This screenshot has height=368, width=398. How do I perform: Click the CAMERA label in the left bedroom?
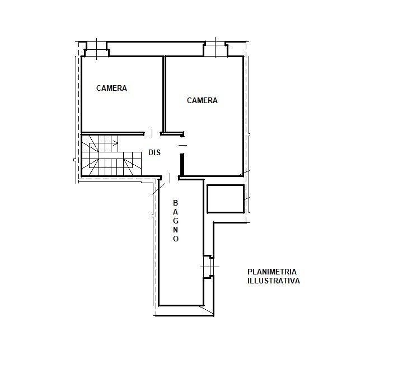[x=111, y=88]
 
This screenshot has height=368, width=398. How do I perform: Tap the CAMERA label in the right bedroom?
[x=202, y=101]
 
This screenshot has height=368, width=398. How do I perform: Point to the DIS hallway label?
[x=154, y=152]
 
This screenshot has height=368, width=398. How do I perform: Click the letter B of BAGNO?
[x=175, y=203]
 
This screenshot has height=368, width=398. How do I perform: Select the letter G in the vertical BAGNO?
[x=175, y=221]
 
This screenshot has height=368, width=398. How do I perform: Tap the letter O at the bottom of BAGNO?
[x=176, y=239]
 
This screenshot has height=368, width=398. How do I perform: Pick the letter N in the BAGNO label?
[x=175, y=230]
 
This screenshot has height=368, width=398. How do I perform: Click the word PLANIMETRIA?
[x=272, y=272]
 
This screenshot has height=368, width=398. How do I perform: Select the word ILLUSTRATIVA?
[x=274, y=281]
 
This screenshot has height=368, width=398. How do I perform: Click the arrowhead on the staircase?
[x=116, y=144]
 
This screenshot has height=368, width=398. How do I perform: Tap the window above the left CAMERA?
[x=96, y=49]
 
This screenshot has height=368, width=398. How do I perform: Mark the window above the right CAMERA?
[x=216, y=48]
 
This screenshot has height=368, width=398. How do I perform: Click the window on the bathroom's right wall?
[x=210, y=267]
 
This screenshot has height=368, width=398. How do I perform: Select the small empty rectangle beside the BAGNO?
[x=226, y=199]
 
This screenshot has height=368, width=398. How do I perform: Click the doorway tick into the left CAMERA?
[x=152, y=133]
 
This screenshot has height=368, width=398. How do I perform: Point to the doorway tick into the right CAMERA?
[x=182, y=145]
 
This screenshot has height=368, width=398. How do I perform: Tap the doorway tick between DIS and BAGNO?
[x=170, y=178]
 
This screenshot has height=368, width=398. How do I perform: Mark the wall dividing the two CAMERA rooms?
[x=164, y=94]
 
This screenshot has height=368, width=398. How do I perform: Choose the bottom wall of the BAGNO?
[x=181, y=305]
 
